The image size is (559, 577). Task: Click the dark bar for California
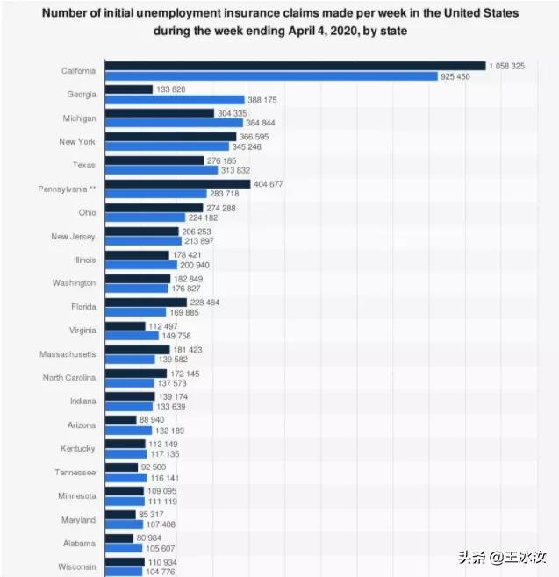(295, 66)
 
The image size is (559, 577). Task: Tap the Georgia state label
(82, 95)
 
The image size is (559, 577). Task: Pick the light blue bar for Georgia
(174, 100)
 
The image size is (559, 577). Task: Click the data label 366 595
(259, 137)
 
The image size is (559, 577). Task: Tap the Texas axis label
(84, 165)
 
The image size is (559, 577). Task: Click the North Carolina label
(69, 378)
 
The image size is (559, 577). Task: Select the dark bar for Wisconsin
(125, 561)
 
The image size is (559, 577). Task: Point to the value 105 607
(164, 549)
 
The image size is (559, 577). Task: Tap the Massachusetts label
(68, 354)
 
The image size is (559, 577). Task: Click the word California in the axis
(78, 71)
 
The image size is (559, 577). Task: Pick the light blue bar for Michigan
(173, 124)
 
